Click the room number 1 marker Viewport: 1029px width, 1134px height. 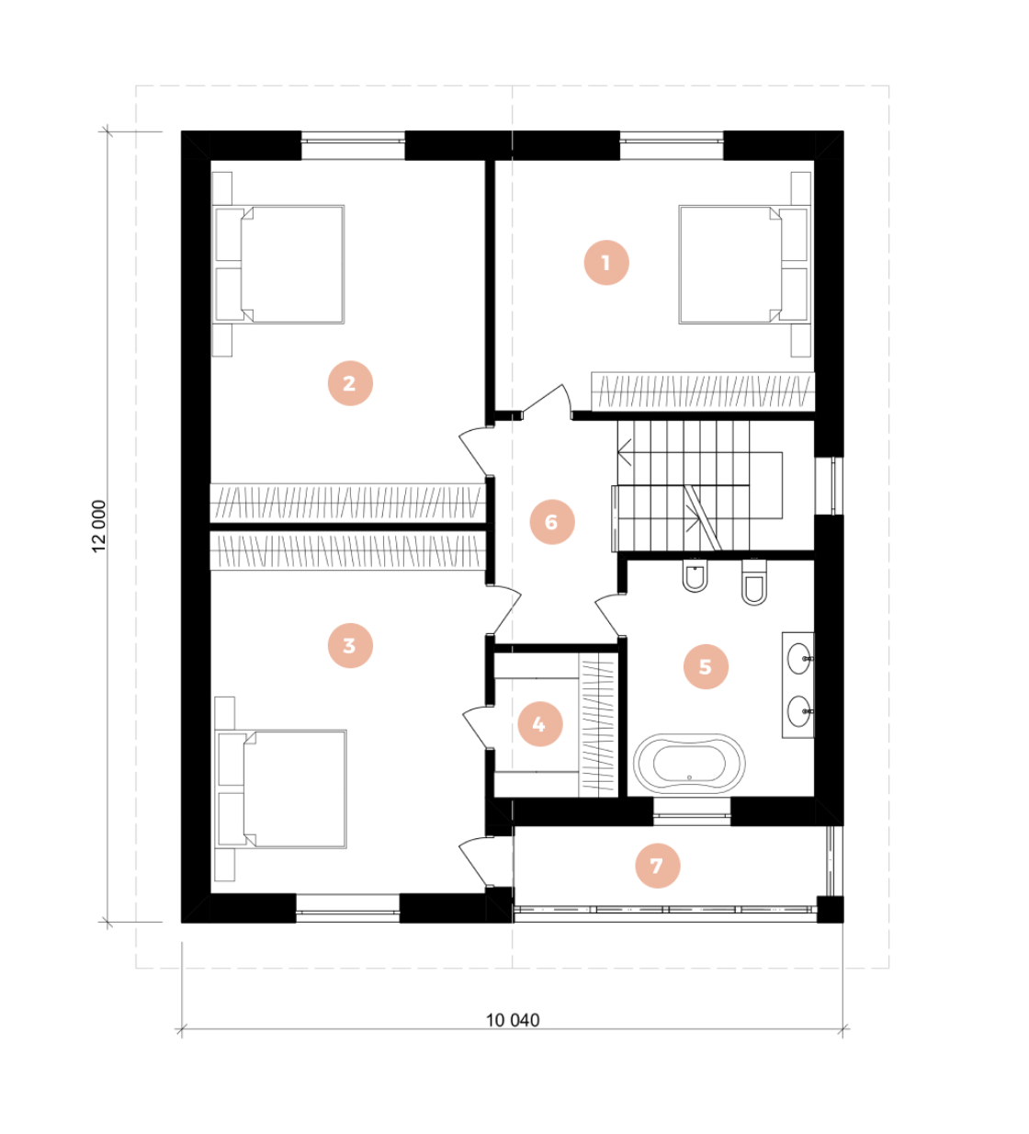605,263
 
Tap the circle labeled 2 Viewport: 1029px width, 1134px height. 350,383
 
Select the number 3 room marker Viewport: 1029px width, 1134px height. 350,645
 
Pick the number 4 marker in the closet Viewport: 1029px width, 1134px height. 539,724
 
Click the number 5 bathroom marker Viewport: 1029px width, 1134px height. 706,667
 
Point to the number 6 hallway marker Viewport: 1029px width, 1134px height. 552,522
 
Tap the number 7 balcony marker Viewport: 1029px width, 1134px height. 657,866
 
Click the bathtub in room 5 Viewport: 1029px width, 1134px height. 689,763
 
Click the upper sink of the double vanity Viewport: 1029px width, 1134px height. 800,657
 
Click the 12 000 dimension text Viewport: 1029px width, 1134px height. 99,527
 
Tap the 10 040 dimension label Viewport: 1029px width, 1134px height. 513,1019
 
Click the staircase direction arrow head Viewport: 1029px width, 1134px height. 624,451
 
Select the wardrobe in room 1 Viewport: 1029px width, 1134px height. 703,391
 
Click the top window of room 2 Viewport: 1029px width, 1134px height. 354,141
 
